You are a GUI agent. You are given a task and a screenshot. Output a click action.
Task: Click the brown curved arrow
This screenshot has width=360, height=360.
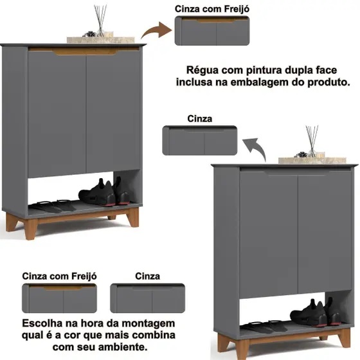coord(156,32)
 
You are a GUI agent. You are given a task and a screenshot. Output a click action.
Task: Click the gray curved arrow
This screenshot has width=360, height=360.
coord(255,147)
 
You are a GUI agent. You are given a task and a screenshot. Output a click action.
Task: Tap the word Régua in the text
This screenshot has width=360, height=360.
coord(203,71)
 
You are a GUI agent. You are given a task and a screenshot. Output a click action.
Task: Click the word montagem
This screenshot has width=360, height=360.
coord(148,324)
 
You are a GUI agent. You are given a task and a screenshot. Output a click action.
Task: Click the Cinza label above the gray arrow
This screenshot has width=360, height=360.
coord(199,119)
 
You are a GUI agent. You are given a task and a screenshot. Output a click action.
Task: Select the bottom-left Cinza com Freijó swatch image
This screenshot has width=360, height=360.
coord(59,298)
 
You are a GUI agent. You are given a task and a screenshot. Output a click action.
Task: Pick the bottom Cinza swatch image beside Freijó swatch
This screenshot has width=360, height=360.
coord(147,298)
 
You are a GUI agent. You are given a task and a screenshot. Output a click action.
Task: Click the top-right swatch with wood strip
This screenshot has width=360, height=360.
coord(212,31)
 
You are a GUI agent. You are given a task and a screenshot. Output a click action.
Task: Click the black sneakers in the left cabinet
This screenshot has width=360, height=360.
coord(103,192)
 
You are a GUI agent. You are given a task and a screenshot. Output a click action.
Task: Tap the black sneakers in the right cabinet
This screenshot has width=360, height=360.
coord(315,312)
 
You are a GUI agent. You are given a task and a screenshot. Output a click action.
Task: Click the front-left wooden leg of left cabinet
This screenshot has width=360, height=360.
coord(29,229)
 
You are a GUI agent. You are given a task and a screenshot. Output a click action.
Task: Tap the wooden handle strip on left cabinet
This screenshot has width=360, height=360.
coord(84,51)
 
